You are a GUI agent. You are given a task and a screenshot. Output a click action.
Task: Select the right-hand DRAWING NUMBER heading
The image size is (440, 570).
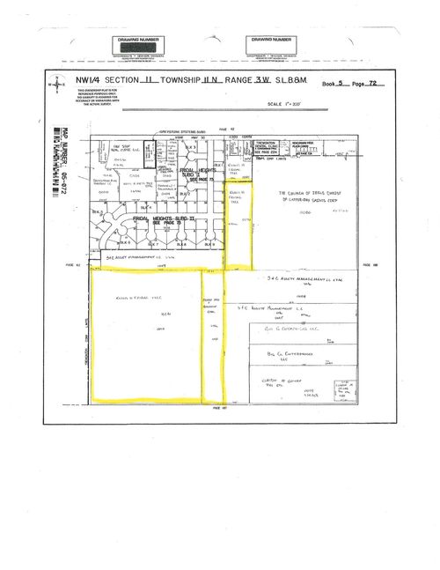(x=271, y=40)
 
